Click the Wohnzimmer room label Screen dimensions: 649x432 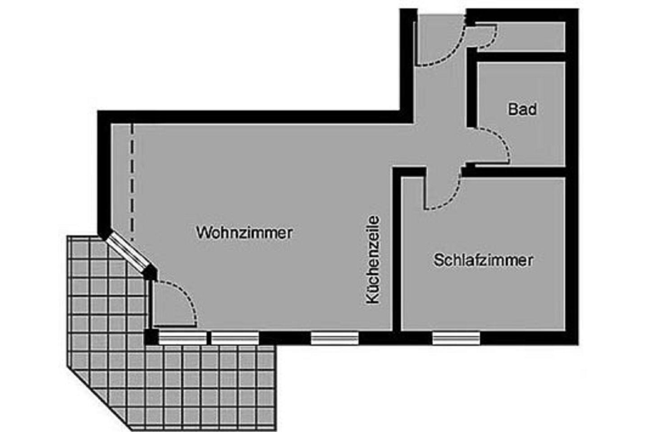[x=244, y=233]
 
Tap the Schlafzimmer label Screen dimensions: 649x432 [x=483, y=260]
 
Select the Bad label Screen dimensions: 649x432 [x=522, y=109]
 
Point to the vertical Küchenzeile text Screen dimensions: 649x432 [x=373, y=260]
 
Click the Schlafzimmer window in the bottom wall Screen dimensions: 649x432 [x=456, y=338]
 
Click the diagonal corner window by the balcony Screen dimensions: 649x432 [x=128, y=252]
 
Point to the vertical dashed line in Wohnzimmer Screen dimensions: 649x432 [x=133, y=182]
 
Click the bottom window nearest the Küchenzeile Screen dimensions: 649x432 [x=334, y=338]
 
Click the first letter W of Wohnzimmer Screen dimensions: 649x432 [x=202, y=233]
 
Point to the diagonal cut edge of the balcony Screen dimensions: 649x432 [x=99, y=399]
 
